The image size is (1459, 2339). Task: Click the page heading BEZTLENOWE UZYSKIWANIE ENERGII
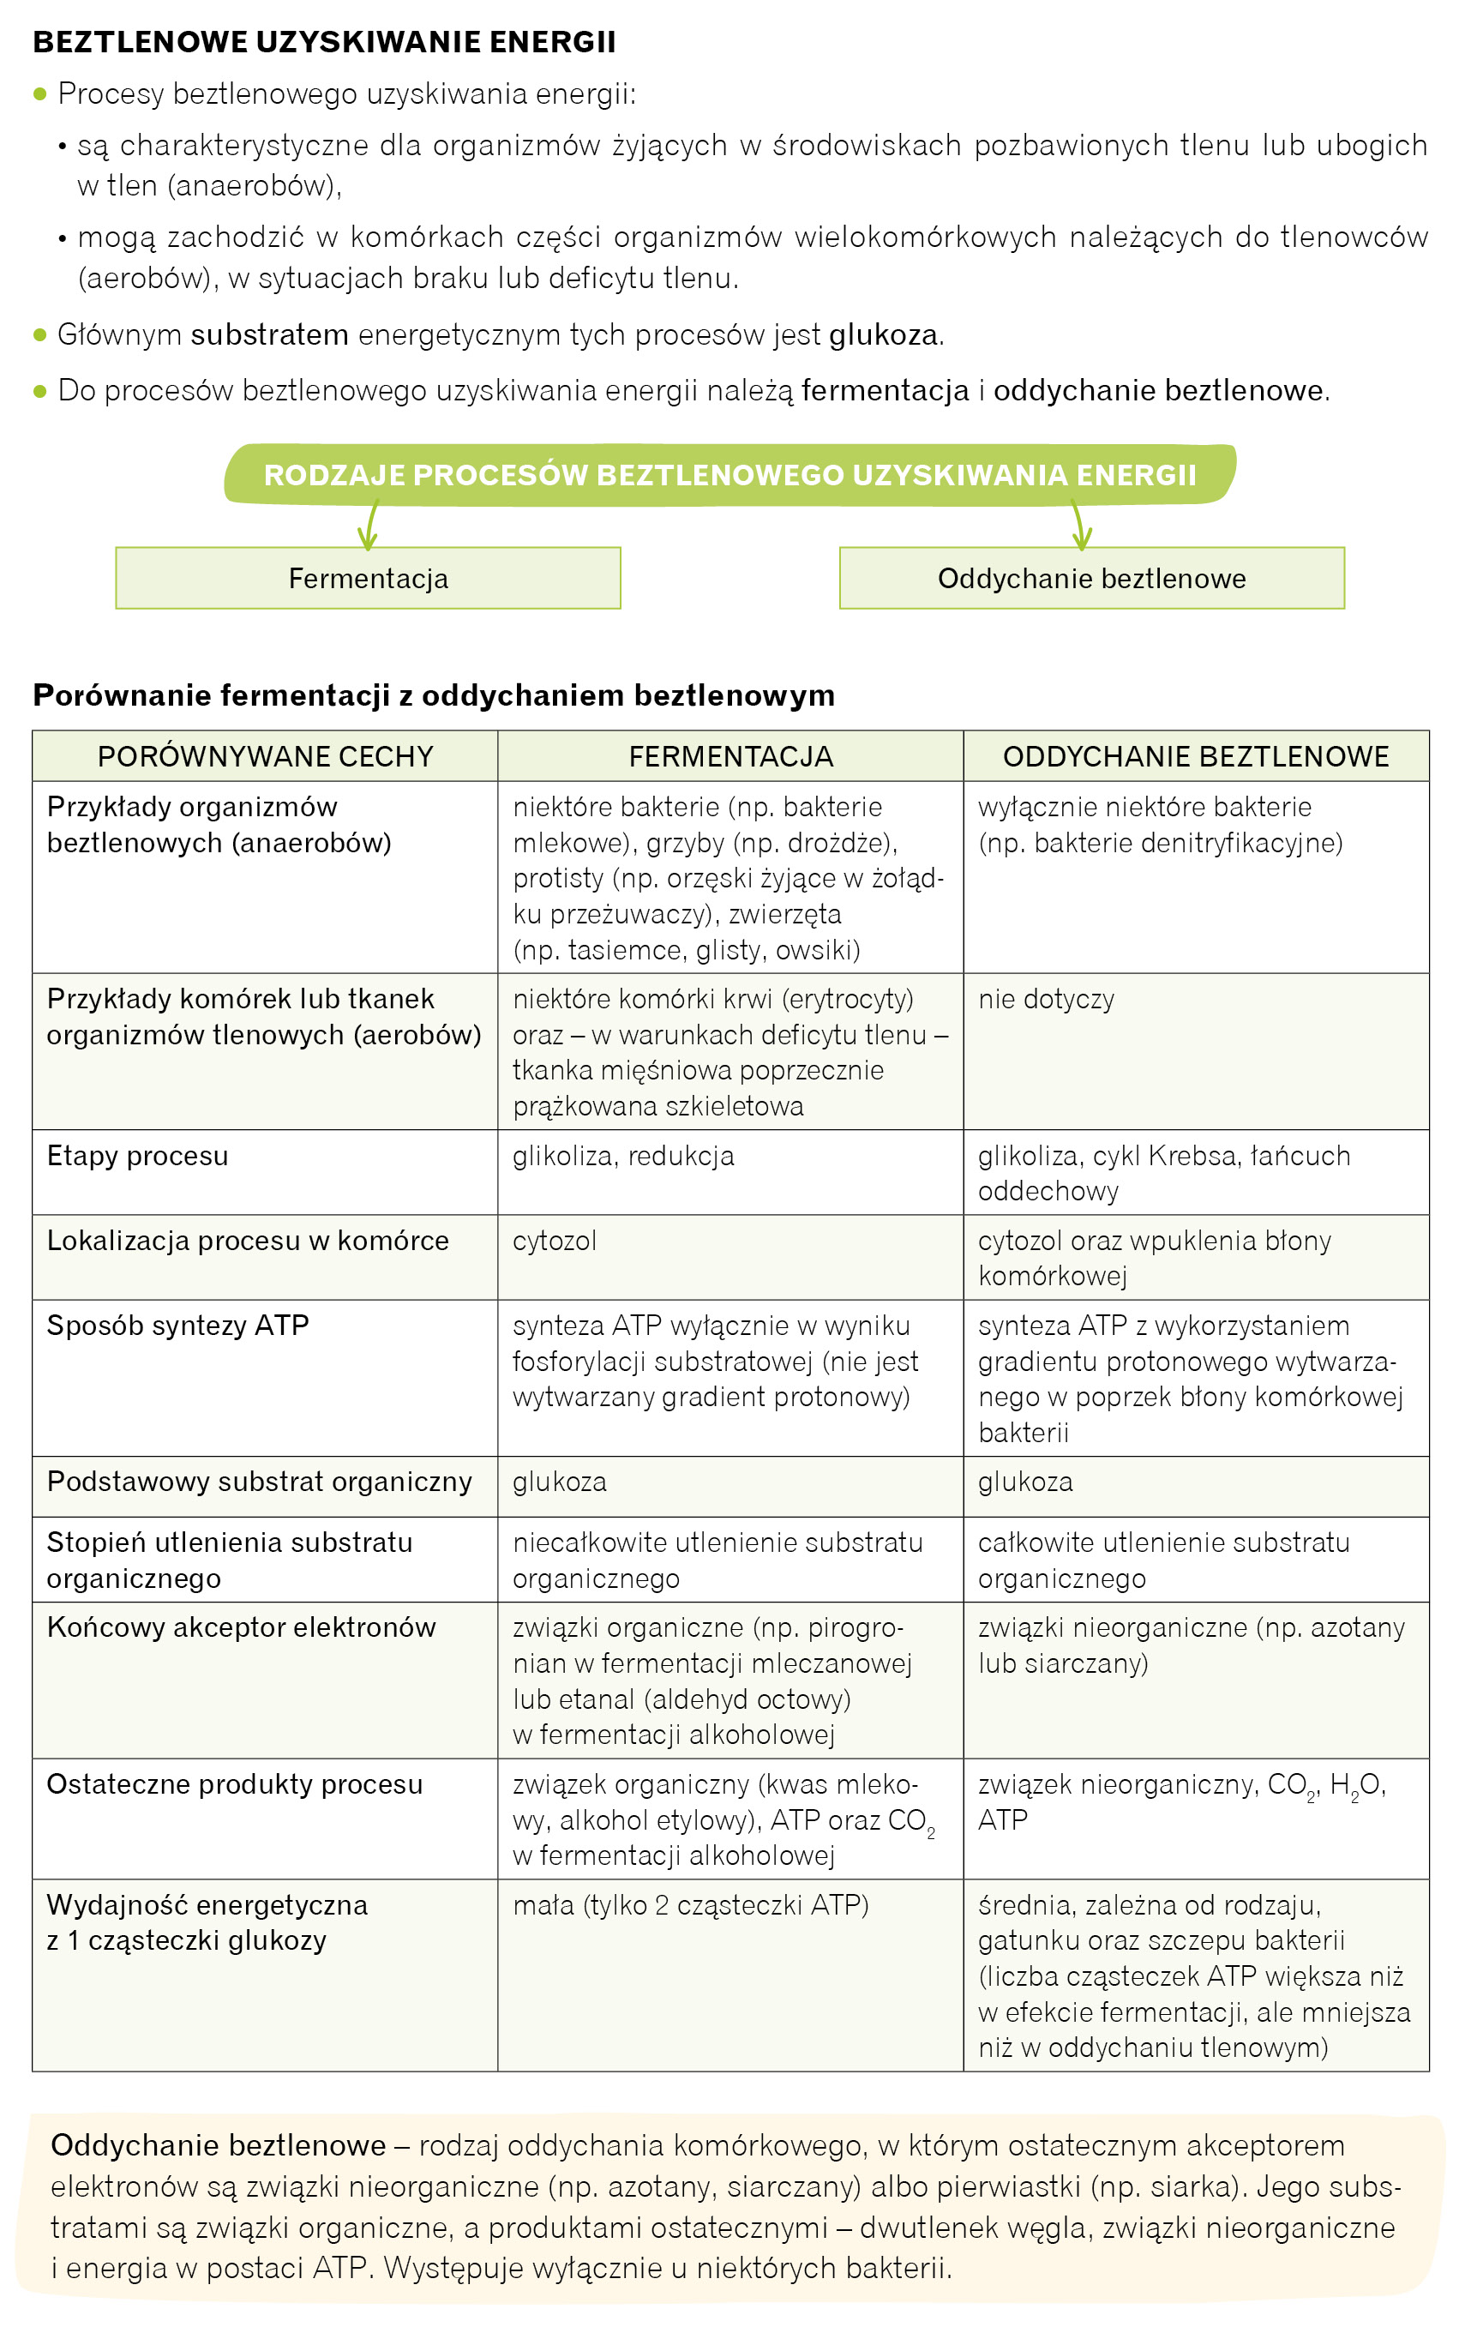tap(324, 41)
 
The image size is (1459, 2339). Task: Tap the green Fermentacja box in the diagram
tap(368, 578)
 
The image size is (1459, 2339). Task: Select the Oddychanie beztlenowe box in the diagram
tap(1091, 578)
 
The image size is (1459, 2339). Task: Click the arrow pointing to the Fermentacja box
tap(369, 526)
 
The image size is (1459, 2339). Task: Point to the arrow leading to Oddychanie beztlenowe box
tap(1081, 526)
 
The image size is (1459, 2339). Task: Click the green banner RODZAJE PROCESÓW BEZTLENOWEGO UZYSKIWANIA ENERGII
tap(729, 475)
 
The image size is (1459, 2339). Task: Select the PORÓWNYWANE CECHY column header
tap(266, 756)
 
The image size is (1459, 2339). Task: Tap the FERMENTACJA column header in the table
tap(730, 756)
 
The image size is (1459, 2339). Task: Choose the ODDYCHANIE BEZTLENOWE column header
tap(1196, 756)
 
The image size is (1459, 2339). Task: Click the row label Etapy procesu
tap(138, 1156)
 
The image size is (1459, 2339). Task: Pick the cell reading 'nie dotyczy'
tap(1046, 999)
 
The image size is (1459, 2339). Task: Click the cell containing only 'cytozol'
tap(555, 1241)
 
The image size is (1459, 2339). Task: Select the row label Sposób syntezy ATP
tap(177, 1326)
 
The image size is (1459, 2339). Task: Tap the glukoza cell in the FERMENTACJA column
tap(560, 1482)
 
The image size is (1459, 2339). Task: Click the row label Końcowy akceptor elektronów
tap(241, 1628)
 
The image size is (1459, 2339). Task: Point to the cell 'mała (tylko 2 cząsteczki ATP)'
tap(691, 1906)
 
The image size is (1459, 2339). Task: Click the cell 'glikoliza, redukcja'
tap(623, 1156)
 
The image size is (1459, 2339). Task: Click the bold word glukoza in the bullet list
tap(883, 335)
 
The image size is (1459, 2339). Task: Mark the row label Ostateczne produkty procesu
tap(235, 1785)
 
